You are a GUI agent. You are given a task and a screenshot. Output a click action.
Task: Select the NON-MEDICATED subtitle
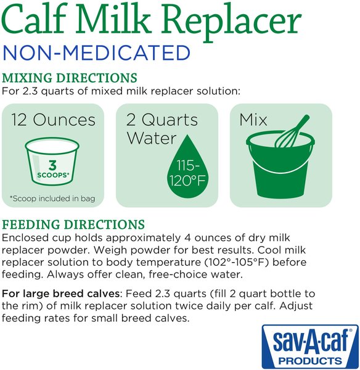pyautogui.click(x=96, y=52)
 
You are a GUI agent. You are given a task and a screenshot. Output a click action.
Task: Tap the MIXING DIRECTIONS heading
pyautogui.click(x=70, y=78)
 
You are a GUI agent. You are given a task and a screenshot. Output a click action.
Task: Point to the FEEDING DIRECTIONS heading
pyautogui.click(x=74, y=224)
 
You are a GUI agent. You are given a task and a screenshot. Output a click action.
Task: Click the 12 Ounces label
pyautogui.click(x=54, y=119)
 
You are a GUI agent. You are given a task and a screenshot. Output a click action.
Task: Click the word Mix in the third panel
pyautogui.click(x=253, y=119)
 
